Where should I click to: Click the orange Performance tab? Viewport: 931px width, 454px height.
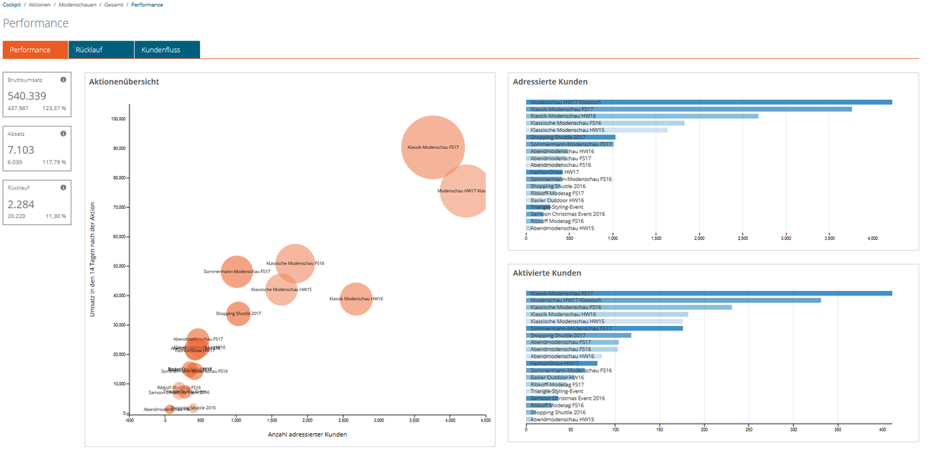[x=30, y=50]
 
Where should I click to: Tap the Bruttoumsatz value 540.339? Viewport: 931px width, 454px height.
[x=27, y=95]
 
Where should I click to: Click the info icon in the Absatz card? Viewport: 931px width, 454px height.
[x=64, y=133]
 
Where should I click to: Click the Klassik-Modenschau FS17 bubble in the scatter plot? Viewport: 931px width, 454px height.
[x=433, y=147]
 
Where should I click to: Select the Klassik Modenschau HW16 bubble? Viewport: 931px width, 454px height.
[x=355, y=299]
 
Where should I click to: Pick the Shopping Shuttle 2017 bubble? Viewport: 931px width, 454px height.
[x=238, y=314]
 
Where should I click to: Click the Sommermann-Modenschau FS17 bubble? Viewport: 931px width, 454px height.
[x=237, y=272]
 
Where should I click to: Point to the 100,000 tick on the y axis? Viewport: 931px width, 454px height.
[x=118, y=120]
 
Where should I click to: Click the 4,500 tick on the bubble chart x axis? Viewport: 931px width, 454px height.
[x=485, y=420]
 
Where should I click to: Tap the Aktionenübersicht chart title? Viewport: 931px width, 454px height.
[x=124, y=81]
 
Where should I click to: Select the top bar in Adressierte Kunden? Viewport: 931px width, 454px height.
[x=708, y=102]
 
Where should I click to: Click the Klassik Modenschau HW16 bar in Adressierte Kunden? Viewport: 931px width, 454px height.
[x=642, y=116]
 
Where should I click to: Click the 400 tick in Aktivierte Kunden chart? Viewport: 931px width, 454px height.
[x=882, y=428]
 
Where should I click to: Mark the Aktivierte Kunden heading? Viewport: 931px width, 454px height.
[x=547, y=273]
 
